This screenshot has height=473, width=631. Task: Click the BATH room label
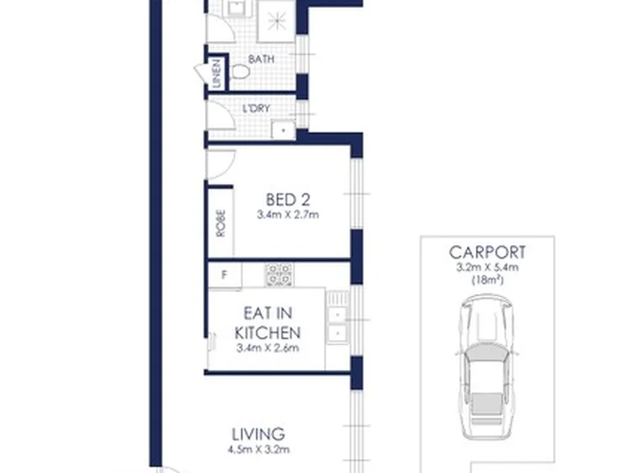point(261,60)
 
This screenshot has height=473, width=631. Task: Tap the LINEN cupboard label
point(216,74)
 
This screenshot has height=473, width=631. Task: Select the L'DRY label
point(256,109)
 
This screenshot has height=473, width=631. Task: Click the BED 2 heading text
point(287,200)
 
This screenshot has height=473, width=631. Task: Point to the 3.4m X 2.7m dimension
point(287,215)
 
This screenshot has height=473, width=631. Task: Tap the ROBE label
point(221,223)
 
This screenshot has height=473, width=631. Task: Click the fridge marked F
point(224,275)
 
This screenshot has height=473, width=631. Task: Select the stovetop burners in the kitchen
point(279,275)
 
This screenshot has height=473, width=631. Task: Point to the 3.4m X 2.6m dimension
point(267,348)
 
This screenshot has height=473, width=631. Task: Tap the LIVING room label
point(259,434)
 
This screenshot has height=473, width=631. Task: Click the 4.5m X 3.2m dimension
point(259,449)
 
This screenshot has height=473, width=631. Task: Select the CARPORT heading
point(487,252)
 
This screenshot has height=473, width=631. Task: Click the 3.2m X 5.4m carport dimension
point(487,267)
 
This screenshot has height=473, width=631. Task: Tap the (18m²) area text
point(487,280)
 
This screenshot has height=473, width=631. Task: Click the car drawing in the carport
point(487,367)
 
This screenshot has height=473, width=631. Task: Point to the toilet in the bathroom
point(240,72)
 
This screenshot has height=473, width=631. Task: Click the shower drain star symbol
point(277,20)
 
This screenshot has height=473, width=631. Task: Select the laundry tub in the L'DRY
point(283,131)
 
